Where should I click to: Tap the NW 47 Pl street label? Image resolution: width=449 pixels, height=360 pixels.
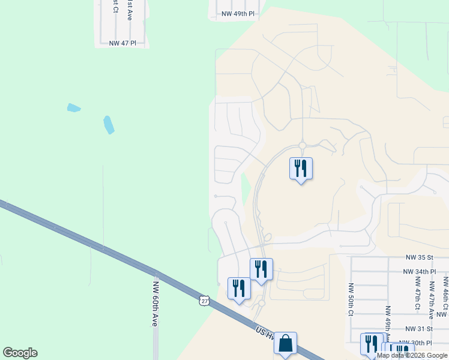tap(124, 43)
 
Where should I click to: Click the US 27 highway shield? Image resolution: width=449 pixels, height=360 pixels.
tap(205, 301)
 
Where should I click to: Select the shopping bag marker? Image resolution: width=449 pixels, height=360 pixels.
tap(285, 344)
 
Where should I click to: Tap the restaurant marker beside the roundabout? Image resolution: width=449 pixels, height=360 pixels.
tap(301, 168)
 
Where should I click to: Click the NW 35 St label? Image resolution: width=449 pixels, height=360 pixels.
tap(418, 257)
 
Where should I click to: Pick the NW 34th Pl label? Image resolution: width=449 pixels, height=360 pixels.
tap(419, 272)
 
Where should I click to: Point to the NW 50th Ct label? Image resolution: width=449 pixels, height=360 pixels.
tap(351, 300)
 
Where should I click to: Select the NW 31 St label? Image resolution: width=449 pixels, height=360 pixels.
tap(418, 329)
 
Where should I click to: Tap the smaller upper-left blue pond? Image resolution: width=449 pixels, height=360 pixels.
tap(73, 108)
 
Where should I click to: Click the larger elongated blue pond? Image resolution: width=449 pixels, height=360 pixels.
tap(109, 124)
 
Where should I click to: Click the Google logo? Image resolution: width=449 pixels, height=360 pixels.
tap(20, 353)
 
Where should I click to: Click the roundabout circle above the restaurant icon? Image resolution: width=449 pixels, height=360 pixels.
tap(303, 145)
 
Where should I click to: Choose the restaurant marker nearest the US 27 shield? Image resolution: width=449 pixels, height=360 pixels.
tap(239, 289)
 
